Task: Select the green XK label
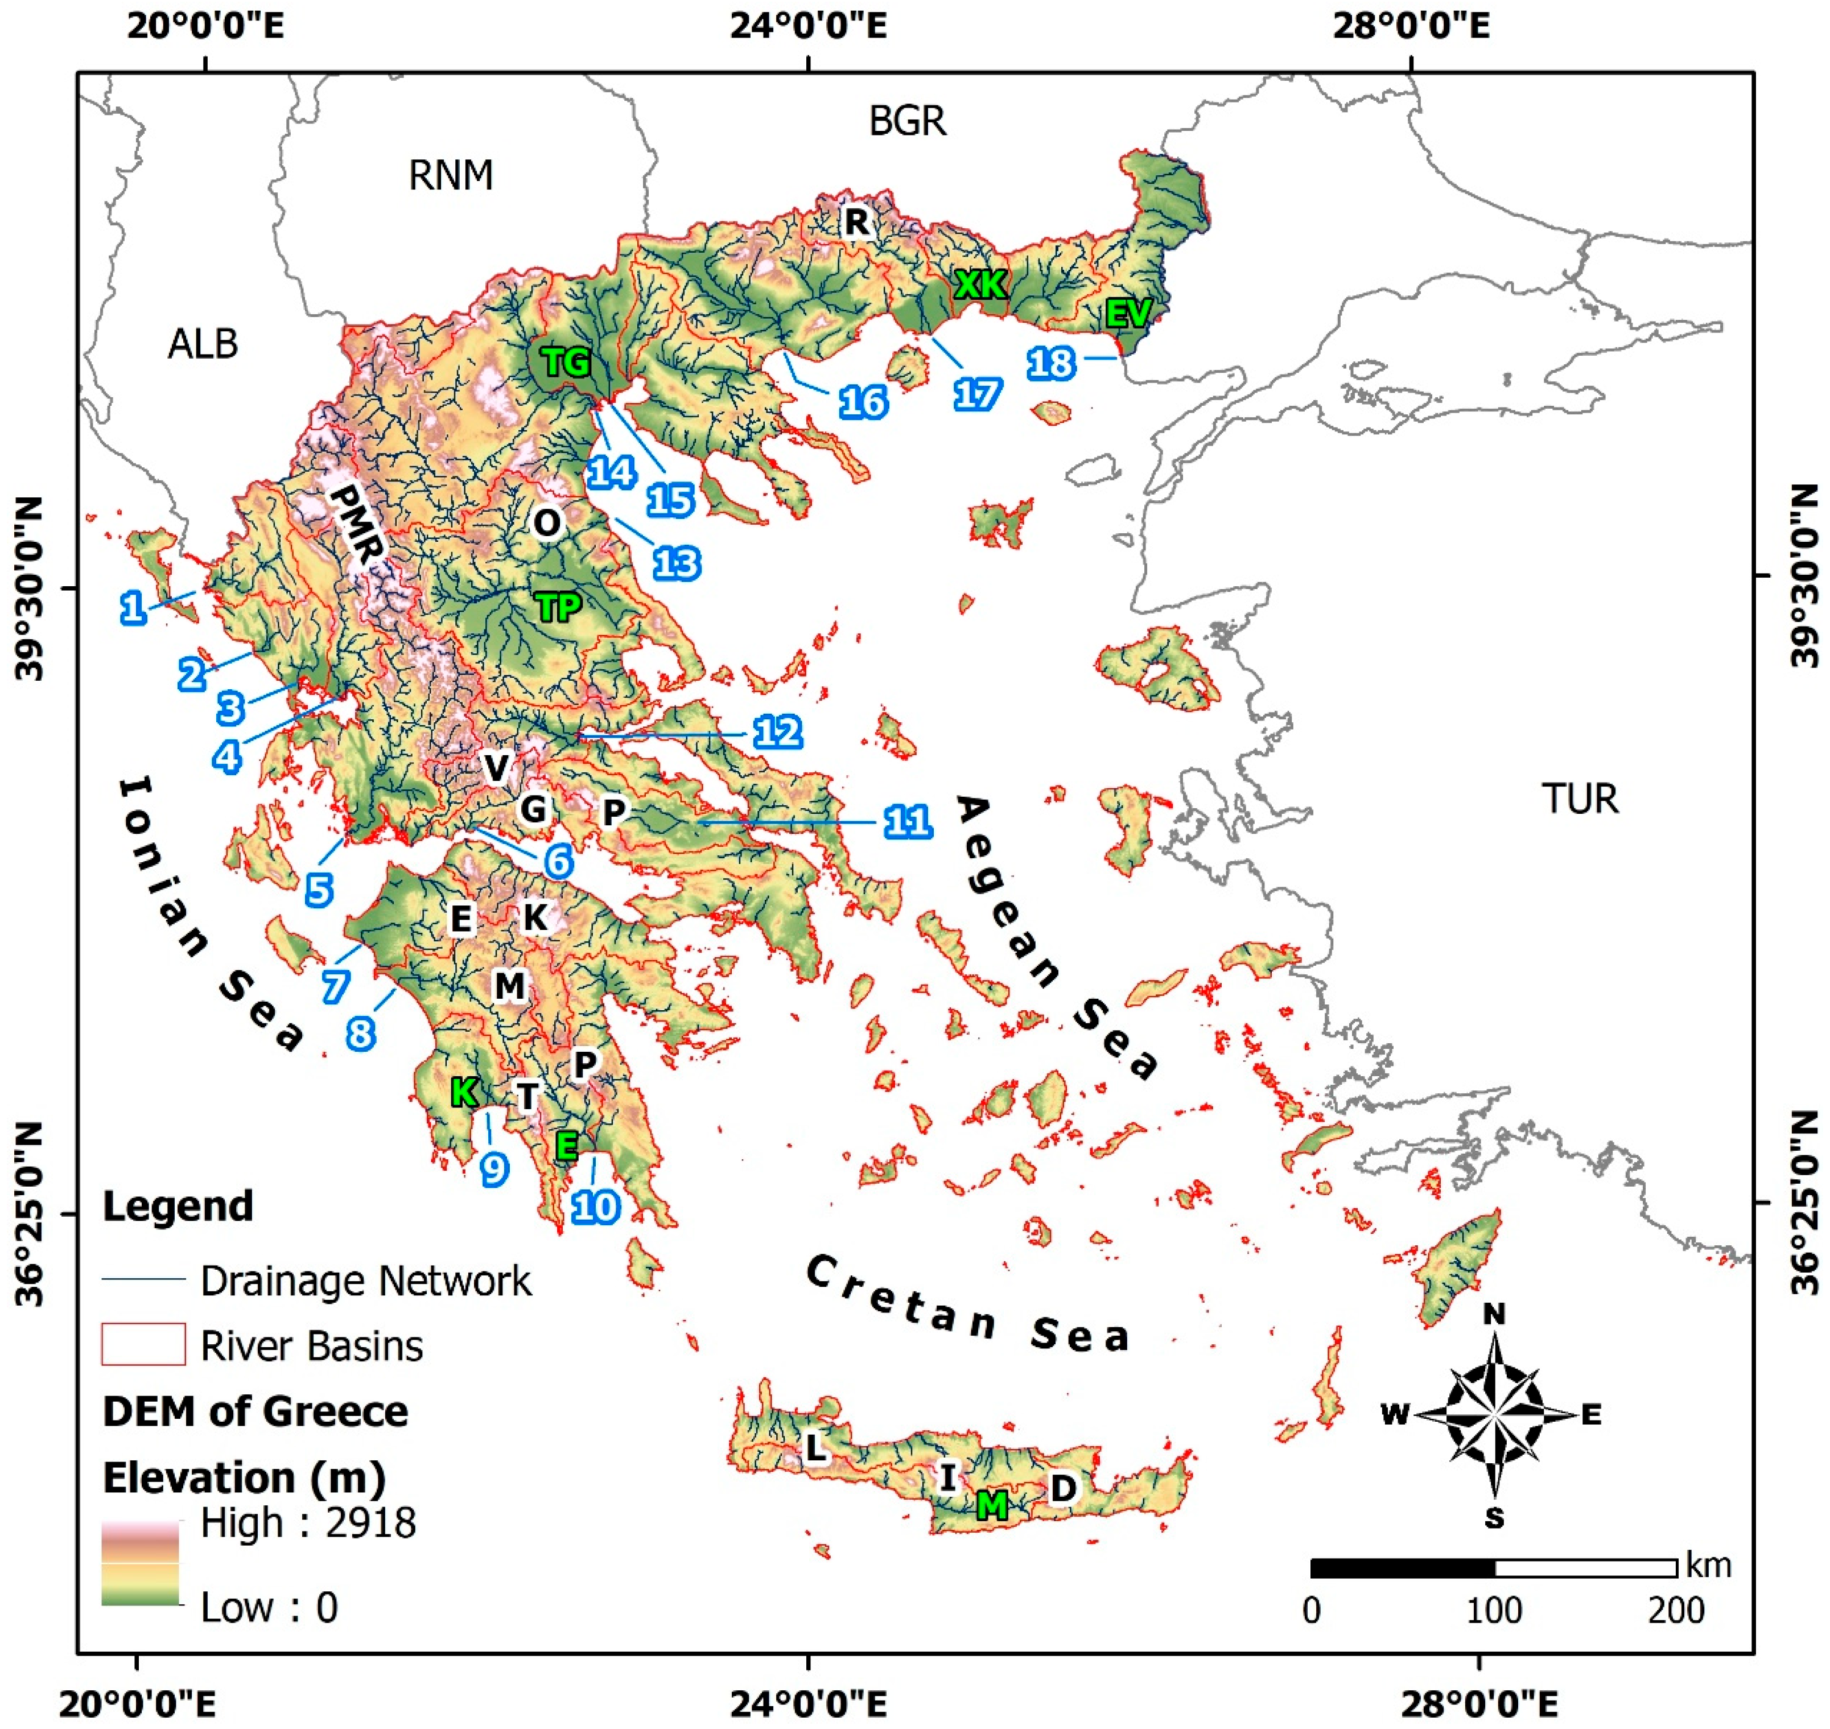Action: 980,284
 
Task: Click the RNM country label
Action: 451,174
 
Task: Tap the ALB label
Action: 203,344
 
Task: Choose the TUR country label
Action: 1580,798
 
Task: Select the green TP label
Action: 558,607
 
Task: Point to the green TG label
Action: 566,362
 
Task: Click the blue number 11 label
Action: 908,821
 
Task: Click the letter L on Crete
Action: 814,1448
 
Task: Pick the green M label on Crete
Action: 991,1505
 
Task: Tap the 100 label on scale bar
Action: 1494,1610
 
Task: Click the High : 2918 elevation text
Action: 308,1522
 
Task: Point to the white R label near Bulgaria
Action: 856,221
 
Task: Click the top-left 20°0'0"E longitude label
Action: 204,25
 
